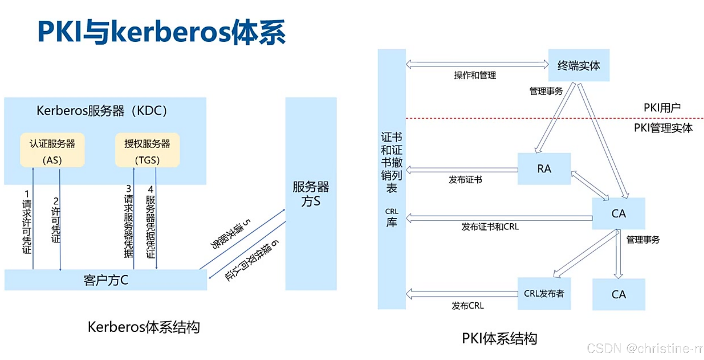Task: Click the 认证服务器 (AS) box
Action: click(52, 150)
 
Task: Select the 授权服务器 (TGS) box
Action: click(147, 150)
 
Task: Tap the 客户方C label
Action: click(106, 280)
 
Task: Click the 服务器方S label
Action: click(311, 194)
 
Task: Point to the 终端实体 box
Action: click(579, 65)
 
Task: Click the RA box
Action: click(544, 169)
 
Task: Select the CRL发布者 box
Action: click(544, 293)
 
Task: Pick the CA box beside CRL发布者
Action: click(619, 295)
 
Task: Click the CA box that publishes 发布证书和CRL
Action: click(619, 214)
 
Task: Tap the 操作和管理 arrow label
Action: click(475, 75)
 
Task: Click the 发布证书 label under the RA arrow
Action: click(465, 180)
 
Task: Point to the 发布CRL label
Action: click(468, 306)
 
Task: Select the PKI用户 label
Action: click(662, 108)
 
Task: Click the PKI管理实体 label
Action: click(663, 128)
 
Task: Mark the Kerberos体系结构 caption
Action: click(144, 327)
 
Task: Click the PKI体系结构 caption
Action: click(499, 338)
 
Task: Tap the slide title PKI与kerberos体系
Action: click(162, 32)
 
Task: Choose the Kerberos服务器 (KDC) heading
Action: click(102, 111)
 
